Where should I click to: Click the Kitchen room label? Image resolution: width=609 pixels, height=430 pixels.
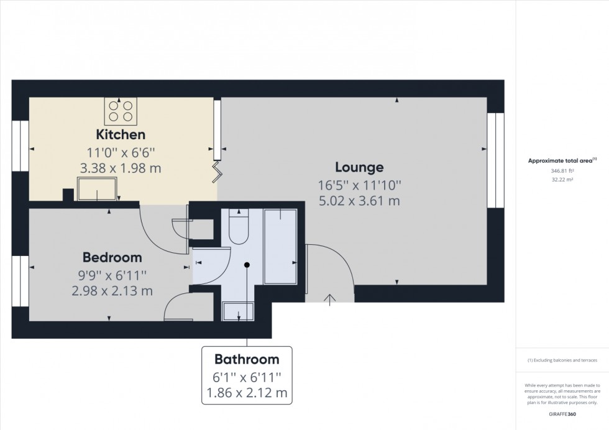tap(121, 134)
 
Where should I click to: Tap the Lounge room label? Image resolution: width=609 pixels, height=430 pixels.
tap(359, 167)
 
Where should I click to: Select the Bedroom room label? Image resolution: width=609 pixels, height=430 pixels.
tap(112, 257)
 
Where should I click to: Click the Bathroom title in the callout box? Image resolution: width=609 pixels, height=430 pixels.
tap(247, 359)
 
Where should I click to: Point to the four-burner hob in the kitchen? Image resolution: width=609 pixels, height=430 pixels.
tap(121, 112)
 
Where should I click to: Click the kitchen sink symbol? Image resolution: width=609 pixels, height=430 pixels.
tap(96, 188)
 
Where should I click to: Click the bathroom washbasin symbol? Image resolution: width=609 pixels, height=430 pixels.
tap(237, 311)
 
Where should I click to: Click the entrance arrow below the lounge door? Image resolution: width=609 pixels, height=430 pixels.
tap(329, 299)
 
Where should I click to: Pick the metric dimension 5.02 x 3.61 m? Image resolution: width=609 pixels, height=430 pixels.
tap(359, 201)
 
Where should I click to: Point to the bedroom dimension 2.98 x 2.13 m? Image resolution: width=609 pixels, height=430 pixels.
tap(112, 290)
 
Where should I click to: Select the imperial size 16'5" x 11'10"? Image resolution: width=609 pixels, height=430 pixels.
tap(359, 185)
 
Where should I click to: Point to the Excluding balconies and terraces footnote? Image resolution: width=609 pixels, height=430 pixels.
tap(562, 360)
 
